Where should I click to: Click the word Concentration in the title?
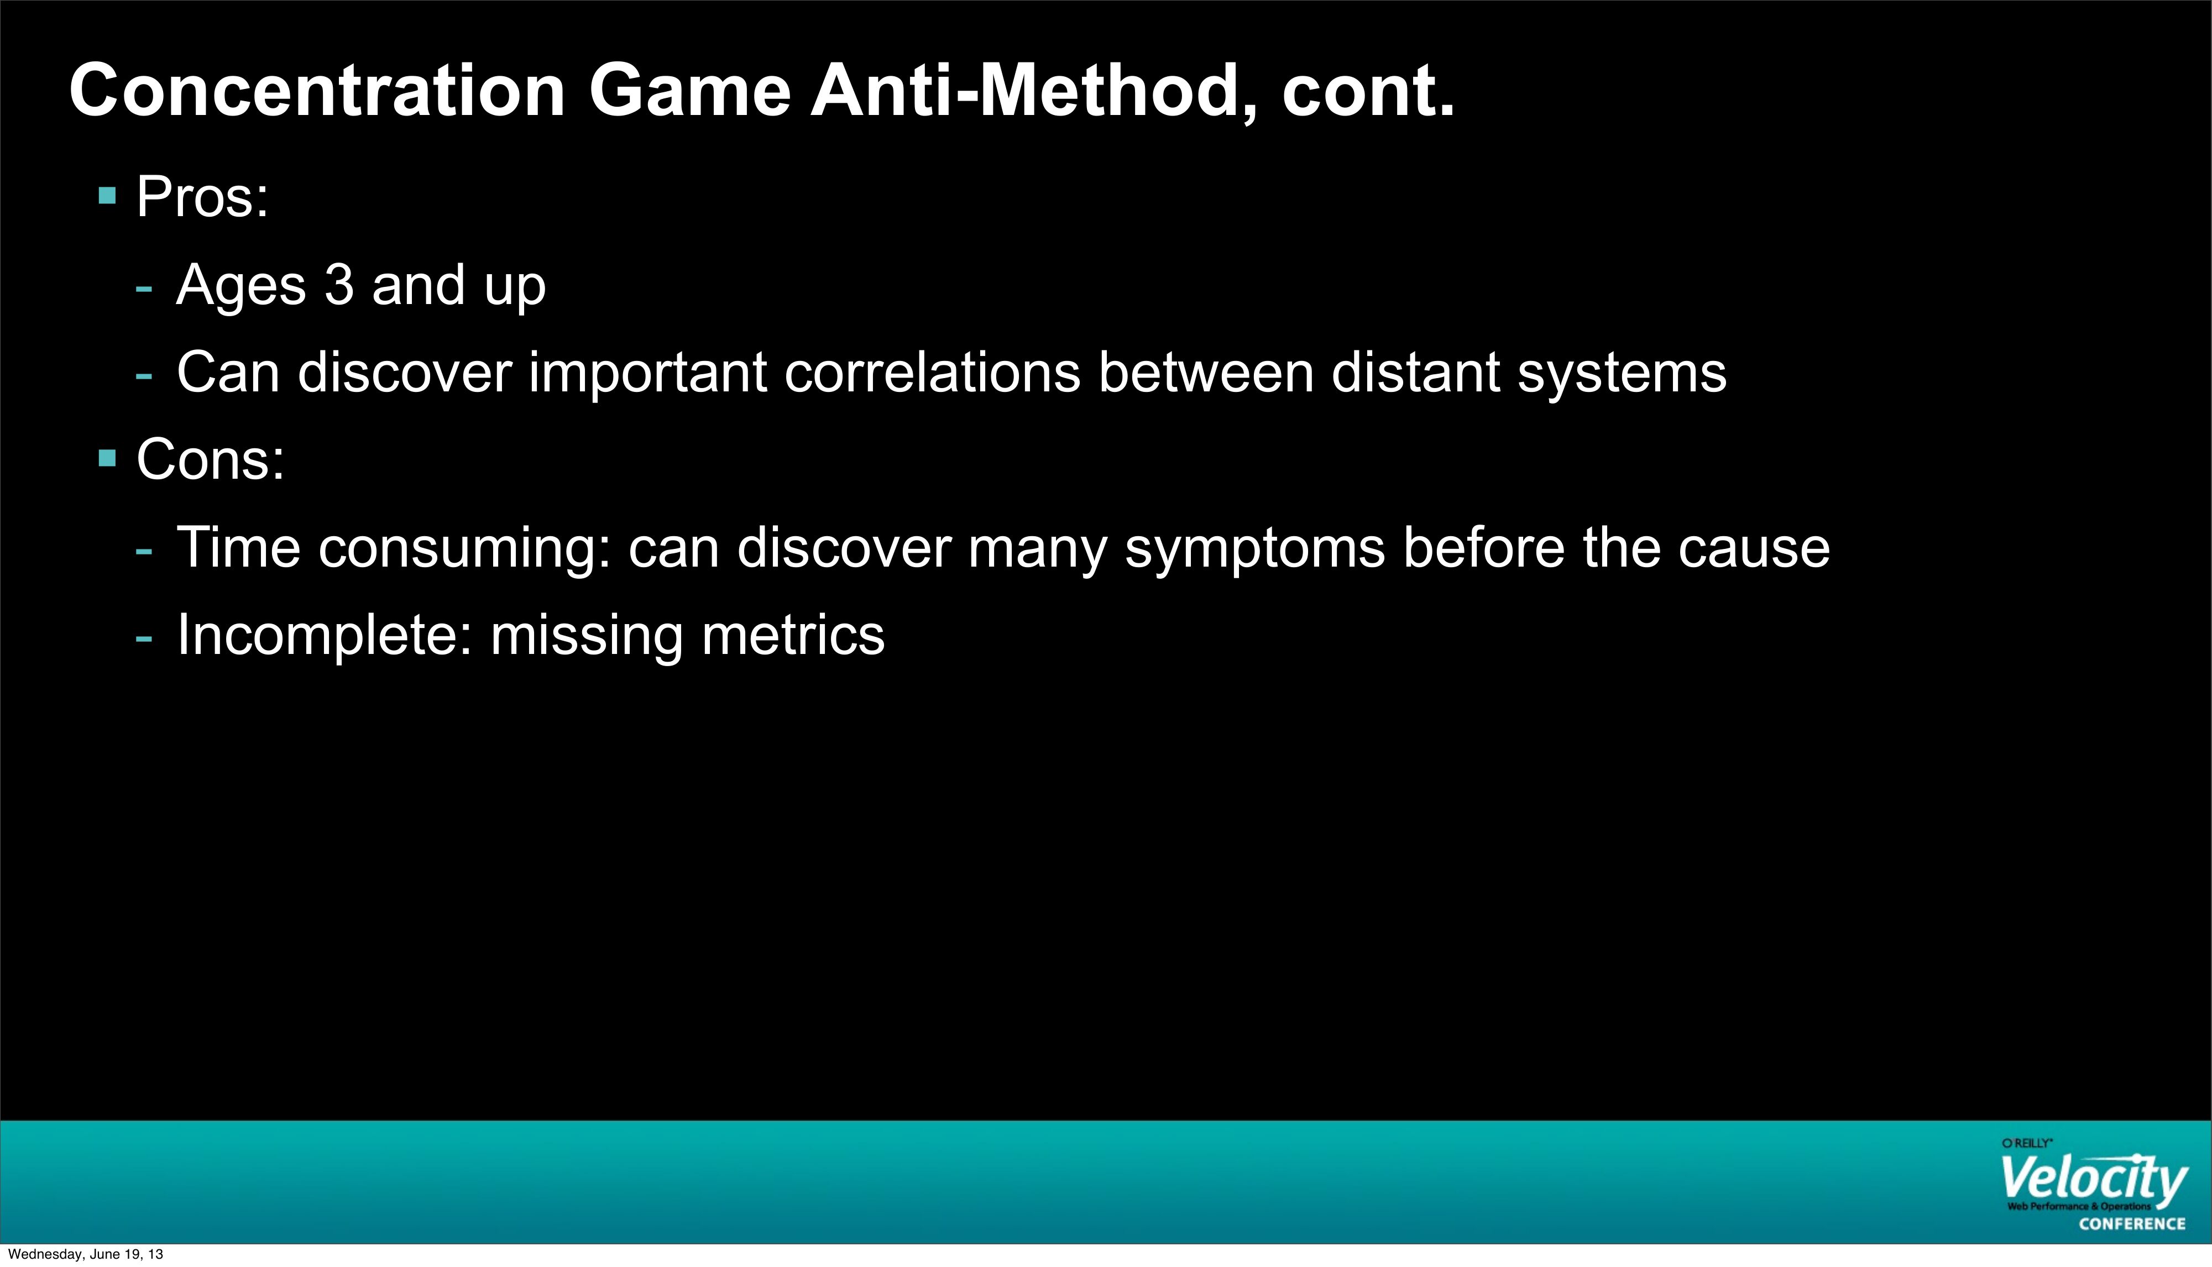(x=317, y=91)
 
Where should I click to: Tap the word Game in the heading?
(x=690, y=91)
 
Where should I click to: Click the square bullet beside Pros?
(x=108, y=196)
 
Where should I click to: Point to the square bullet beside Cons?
(x=108, y=458)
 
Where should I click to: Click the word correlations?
(x=932, y=373)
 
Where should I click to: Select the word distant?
(x=1415, y=373)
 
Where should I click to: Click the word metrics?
(x=793, y=635)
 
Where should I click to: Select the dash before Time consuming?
(x=144, y=550)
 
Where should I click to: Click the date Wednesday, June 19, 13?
(x=85, y=1254)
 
